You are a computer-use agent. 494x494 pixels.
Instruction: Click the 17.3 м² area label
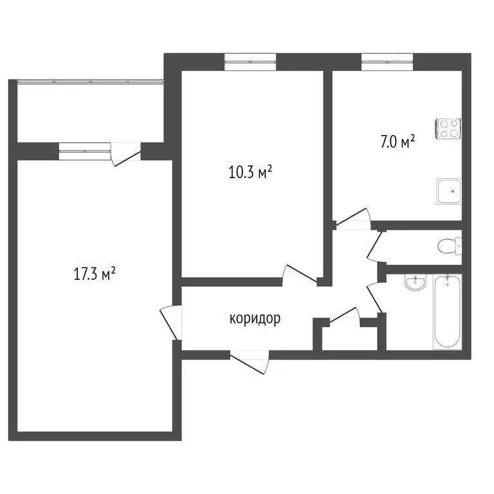pos(95,275)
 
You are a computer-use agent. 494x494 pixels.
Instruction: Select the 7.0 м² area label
pos(397,143)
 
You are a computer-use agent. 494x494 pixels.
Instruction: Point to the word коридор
pos(255,318)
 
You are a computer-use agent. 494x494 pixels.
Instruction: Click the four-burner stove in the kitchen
pos(449,129)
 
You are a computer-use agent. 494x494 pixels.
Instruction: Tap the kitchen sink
pos(449,191)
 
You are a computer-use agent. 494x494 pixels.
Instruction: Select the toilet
pos(448,246)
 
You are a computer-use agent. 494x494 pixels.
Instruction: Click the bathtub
pos(446,311)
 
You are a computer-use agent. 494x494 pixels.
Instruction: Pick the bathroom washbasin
pos(417,283)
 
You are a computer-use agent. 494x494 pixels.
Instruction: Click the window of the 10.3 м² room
pos(250,62)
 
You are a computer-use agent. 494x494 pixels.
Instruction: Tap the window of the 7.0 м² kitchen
pos(387,62)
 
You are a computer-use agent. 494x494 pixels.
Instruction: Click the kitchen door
pos(354,219)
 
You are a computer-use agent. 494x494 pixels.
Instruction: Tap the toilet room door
pos(374,246)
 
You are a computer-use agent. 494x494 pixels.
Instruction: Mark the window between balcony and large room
pos(85,151)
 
